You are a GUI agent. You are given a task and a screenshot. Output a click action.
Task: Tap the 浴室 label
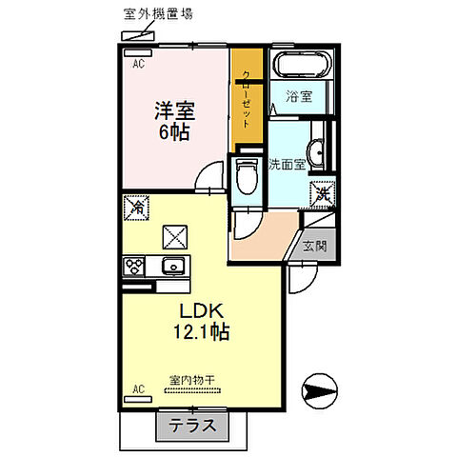305,96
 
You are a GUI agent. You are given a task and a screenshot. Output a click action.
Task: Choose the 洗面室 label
287,163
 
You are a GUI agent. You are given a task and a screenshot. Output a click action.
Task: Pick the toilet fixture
246,177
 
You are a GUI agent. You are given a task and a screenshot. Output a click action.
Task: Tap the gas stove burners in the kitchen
133,266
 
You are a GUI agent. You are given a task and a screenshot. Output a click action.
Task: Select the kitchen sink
173,266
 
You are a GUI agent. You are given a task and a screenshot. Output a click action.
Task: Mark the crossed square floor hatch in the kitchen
176,234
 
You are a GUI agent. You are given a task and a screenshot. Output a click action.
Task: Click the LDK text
196,311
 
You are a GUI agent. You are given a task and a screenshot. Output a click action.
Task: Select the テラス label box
192,426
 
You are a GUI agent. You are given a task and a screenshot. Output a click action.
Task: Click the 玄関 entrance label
315,245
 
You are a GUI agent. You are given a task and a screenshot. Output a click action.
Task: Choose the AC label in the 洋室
137,66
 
